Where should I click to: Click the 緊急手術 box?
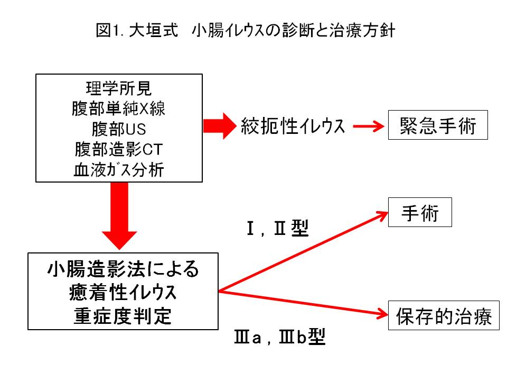pos(438,125)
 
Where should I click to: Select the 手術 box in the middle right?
pos(420,212)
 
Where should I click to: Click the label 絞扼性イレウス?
pos(293,126)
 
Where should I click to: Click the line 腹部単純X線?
pos(119,108)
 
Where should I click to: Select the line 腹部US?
pos(119,129)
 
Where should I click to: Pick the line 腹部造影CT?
pos(119,150)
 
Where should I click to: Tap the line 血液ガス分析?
pos(119,170)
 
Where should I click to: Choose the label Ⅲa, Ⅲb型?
pos(279,338)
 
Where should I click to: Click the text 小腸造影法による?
pos(123,270)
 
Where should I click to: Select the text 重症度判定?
pos(123,316)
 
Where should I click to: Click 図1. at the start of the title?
pos(110,30)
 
